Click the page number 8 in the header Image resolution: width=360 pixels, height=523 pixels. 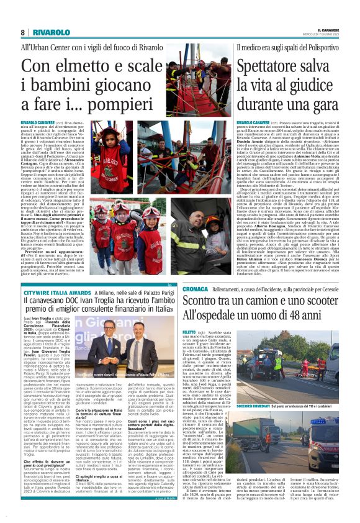point(23,32)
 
